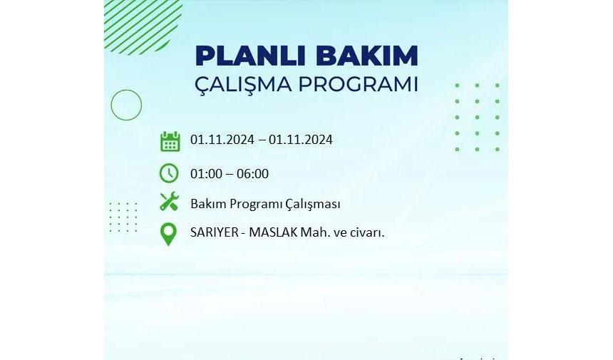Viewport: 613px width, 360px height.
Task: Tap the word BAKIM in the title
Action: (x=366, y=56)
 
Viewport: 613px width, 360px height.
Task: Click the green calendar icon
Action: (x=170, y=141)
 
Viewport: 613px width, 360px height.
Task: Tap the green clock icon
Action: (x=169, y=173)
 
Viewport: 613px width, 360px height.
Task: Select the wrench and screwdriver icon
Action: (x=169, y=202)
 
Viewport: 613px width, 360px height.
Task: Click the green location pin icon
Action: (x=168, y=234)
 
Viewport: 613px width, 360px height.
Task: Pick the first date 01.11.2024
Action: (x=222, y=140)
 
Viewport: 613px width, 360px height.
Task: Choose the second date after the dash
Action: (x=301, y=140)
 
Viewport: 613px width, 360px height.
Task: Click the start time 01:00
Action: (x=207, y=173)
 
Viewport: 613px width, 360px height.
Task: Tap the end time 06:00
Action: (x=252, y=173)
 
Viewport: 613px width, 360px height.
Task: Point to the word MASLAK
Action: (x=273, y=232)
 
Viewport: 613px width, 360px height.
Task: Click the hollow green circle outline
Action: (x=126, y=90)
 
